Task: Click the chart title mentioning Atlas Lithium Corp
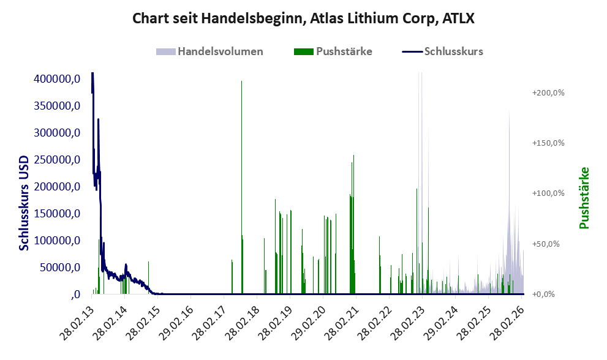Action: [x=303, y=18]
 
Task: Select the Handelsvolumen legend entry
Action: [x=209, y=51]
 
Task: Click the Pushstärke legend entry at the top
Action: [x=333, y=51]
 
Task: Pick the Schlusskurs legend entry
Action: [x=442, y=51]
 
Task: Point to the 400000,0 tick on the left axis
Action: [x=57, y=79]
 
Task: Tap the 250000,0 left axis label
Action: [x=57, y=159]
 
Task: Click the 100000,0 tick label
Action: [x=57, y=241]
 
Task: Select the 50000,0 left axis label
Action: [x=60, y=267]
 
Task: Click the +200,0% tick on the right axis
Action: [x=548, y=93]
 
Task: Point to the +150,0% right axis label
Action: [x=548, y=143]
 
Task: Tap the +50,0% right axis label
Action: [x=546, y=244]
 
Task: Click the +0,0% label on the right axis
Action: [x=543, y=294]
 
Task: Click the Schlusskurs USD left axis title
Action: [x=24, y=203]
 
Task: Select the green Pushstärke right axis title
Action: [x=584, y=198]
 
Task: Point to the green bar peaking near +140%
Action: [x=353, y=225]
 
